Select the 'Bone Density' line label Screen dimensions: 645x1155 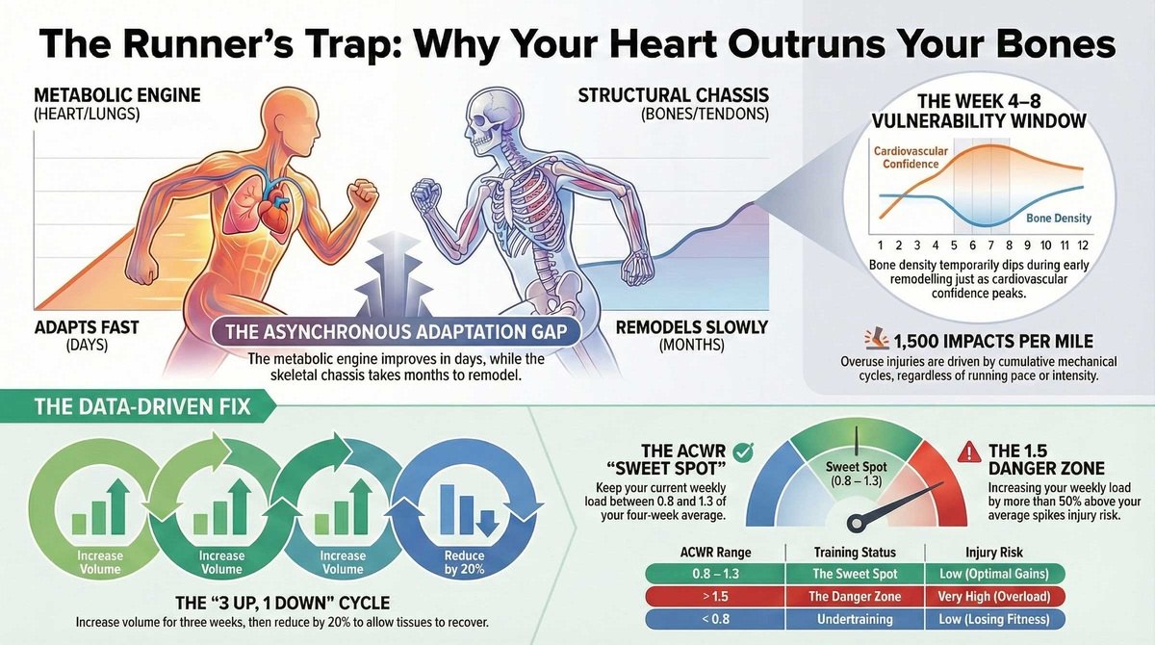[1059, 219]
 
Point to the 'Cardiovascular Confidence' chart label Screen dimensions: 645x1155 [911, 158]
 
